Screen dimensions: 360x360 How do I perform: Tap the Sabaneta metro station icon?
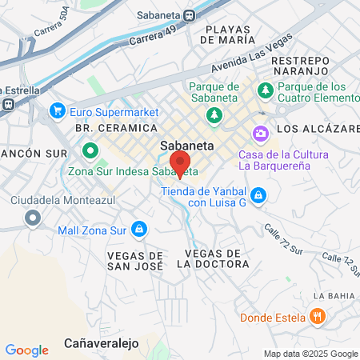click(189, 14)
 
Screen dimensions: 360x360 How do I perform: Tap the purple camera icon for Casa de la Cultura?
click(260, 133)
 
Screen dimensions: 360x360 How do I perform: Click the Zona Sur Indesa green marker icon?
click(90, 150)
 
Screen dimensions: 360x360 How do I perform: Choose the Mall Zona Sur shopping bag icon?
click(139, 230)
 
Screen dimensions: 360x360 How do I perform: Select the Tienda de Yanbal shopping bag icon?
click(258, 194)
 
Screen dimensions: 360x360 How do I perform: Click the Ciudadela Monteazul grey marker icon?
click(33, 217)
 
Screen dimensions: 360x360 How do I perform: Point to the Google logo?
click(26, 350)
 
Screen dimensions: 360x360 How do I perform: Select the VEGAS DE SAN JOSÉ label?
click(134, 259)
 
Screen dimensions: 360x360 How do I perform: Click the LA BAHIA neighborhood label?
click(334, 296)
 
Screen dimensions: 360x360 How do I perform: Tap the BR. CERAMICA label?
click(102, 128)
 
